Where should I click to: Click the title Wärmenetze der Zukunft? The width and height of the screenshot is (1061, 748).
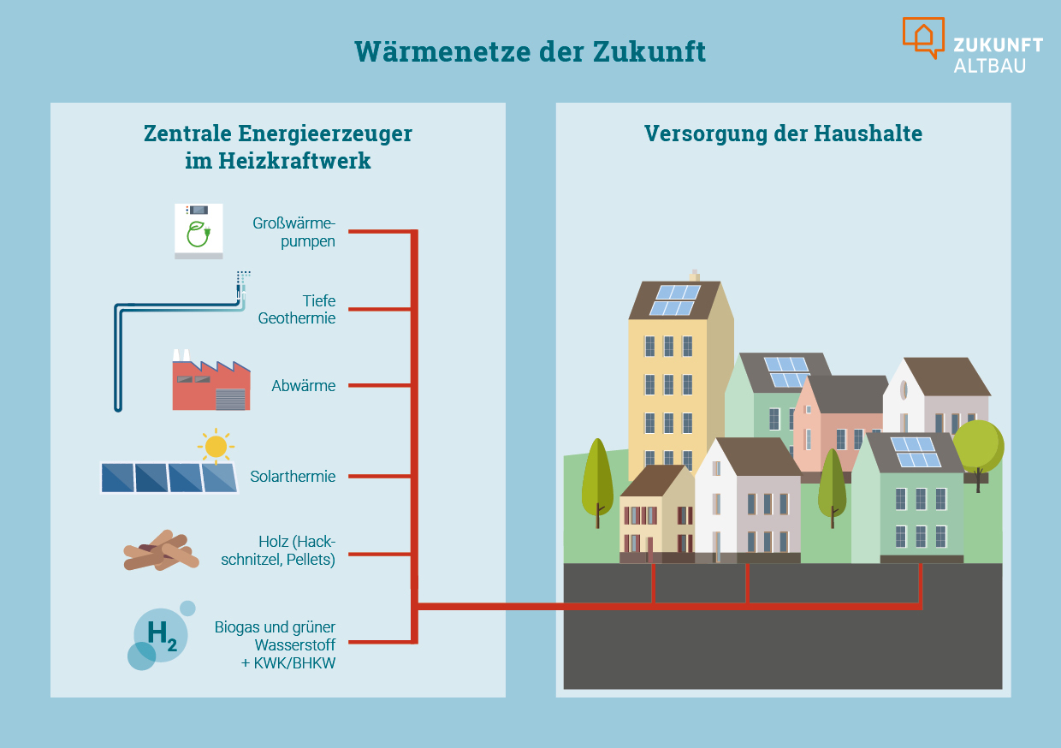530,51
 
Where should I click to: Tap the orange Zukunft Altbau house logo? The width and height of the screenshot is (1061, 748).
923,37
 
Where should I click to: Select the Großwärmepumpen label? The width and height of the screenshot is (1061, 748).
293,232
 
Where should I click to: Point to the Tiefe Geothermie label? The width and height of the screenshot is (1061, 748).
297,310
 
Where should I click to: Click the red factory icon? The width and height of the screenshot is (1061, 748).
210,383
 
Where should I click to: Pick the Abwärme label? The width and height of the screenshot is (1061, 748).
304,386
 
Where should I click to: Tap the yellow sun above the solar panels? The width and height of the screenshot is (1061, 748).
216,446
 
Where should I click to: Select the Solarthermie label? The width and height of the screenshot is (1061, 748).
293,477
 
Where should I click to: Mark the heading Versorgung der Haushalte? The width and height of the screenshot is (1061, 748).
783,134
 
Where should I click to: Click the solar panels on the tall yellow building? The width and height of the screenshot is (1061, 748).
674,300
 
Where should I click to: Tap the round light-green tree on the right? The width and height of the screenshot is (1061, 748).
978,446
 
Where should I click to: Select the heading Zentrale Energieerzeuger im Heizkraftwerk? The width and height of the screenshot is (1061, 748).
278,146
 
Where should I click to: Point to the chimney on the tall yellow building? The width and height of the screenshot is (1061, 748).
694,276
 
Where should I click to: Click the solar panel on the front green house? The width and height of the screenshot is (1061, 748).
915,452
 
